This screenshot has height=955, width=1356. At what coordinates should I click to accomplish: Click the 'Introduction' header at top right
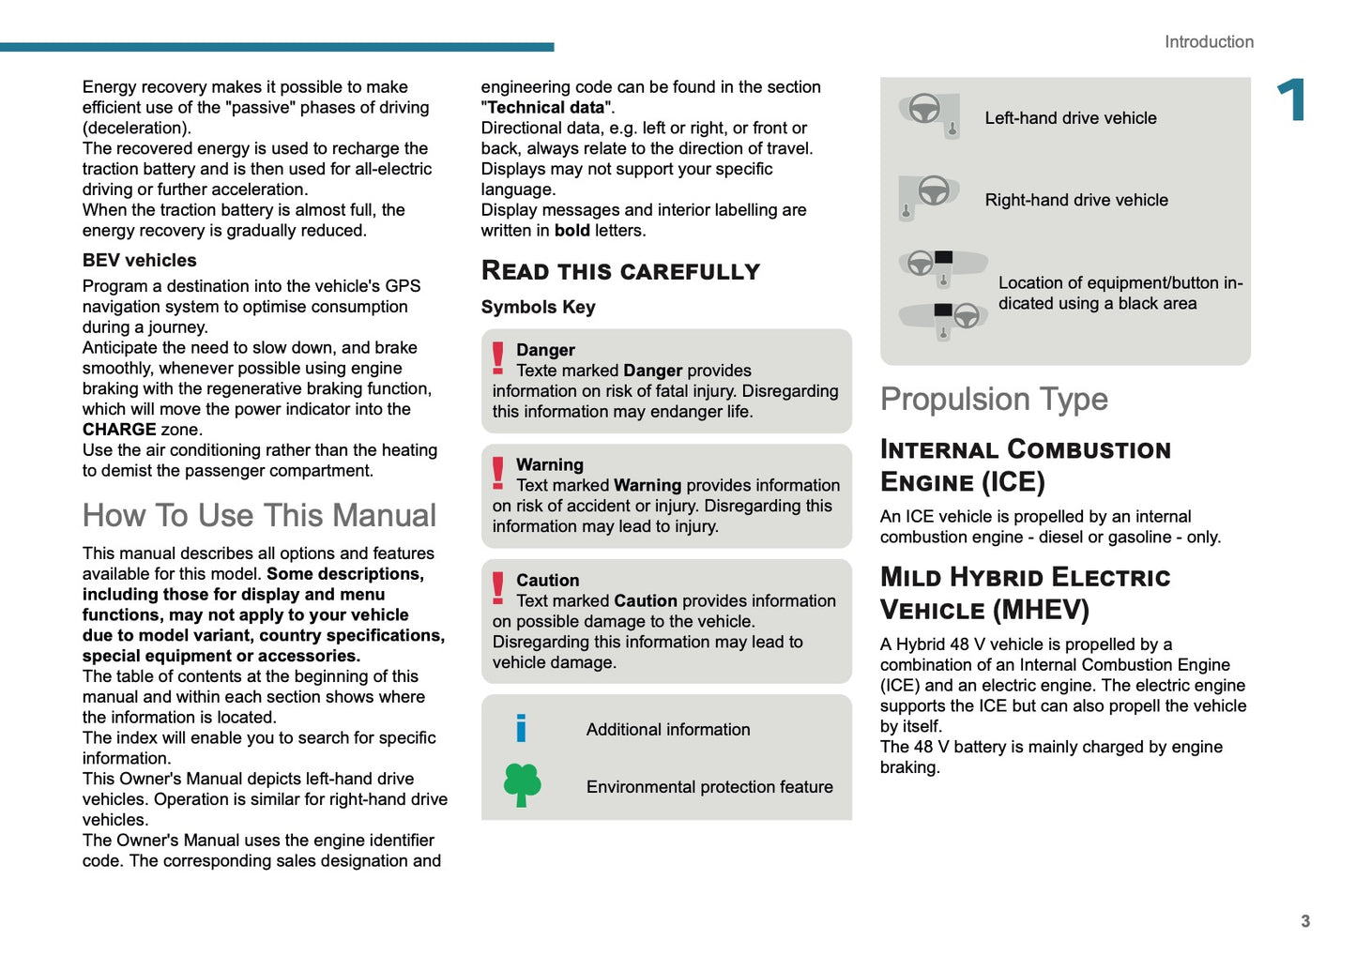[x=1209, y=42]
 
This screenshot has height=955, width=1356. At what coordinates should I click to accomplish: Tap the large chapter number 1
[x=1292, y=100]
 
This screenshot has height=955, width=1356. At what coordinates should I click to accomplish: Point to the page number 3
[x=1305, y=921]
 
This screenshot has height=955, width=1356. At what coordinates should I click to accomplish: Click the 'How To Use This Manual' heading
[x=259, y=515]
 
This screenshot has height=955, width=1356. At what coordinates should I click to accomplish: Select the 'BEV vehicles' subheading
[x=140, y=261]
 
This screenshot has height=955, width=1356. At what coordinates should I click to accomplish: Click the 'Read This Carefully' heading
[x=620, y=271]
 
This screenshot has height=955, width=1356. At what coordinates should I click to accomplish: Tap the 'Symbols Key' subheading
[x=538, y=308]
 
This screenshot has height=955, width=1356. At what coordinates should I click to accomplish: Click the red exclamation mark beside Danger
[x=498, y=358]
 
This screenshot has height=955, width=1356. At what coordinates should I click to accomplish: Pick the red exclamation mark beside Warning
[x=498, y=473]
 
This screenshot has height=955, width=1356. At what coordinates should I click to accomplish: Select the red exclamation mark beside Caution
[x=498, y=588]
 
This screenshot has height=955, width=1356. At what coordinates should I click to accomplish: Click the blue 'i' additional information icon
[x=521, y=728]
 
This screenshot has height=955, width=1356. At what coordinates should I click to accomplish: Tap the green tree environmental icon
[x=522, y=785]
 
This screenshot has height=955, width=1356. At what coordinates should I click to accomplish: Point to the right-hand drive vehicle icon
[x=928, y=196]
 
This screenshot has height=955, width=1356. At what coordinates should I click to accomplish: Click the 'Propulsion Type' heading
[x=994, y=400]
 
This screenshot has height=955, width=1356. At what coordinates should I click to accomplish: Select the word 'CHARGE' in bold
[x=119, y=430]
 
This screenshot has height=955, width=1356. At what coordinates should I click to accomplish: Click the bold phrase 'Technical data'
[x=546, y=108]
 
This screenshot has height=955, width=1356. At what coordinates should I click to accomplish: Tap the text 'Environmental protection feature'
[x=709, y=787]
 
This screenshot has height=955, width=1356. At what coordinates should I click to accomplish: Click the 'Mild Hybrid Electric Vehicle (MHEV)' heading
[x=1025, y=594]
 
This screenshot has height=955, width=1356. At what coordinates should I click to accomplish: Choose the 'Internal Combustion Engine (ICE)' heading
[x=1025, y=465]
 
